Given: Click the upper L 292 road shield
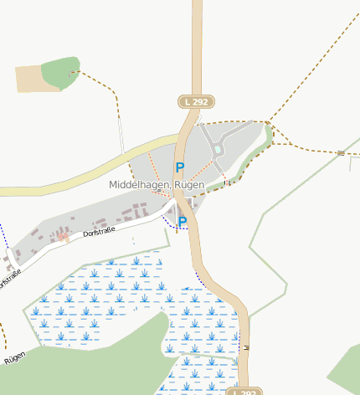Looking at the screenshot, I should pyautogui.click(x=196, y=101).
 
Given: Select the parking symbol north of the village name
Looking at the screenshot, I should pyautogui.click(x=179, y=167).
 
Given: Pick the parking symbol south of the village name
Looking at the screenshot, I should pyautogui.click(x=182, y=222).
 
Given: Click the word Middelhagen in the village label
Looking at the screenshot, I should pyautogui.click(x=139, y=184).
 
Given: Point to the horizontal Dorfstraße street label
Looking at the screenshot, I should pyautogui.click(x=100, y=232).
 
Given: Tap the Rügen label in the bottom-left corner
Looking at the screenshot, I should pyautogui.click(x=14, y=358).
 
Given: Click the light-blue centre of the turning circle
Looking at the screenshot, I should pyautogui.click(x=218, y=149).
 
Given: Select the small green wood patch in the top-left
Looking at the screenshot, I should pyautogui.click(x=60, y=73).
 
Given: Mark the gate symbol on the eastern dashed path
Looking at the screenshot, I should pyautogui.click(x=341, y=153).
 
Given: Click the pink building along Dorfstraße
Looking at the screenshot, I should pyautogui.click(x=62, y=238).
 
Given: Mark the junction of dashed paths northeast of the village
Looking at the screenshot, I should pyautogui.click(x=270, y=124).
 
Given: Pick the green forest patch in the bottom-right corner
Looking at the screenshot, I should pyautogui.click(x=346, y=368).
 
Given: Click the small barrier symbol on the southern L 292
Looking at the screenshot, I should pyautogui.click(x=245, y=346).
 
